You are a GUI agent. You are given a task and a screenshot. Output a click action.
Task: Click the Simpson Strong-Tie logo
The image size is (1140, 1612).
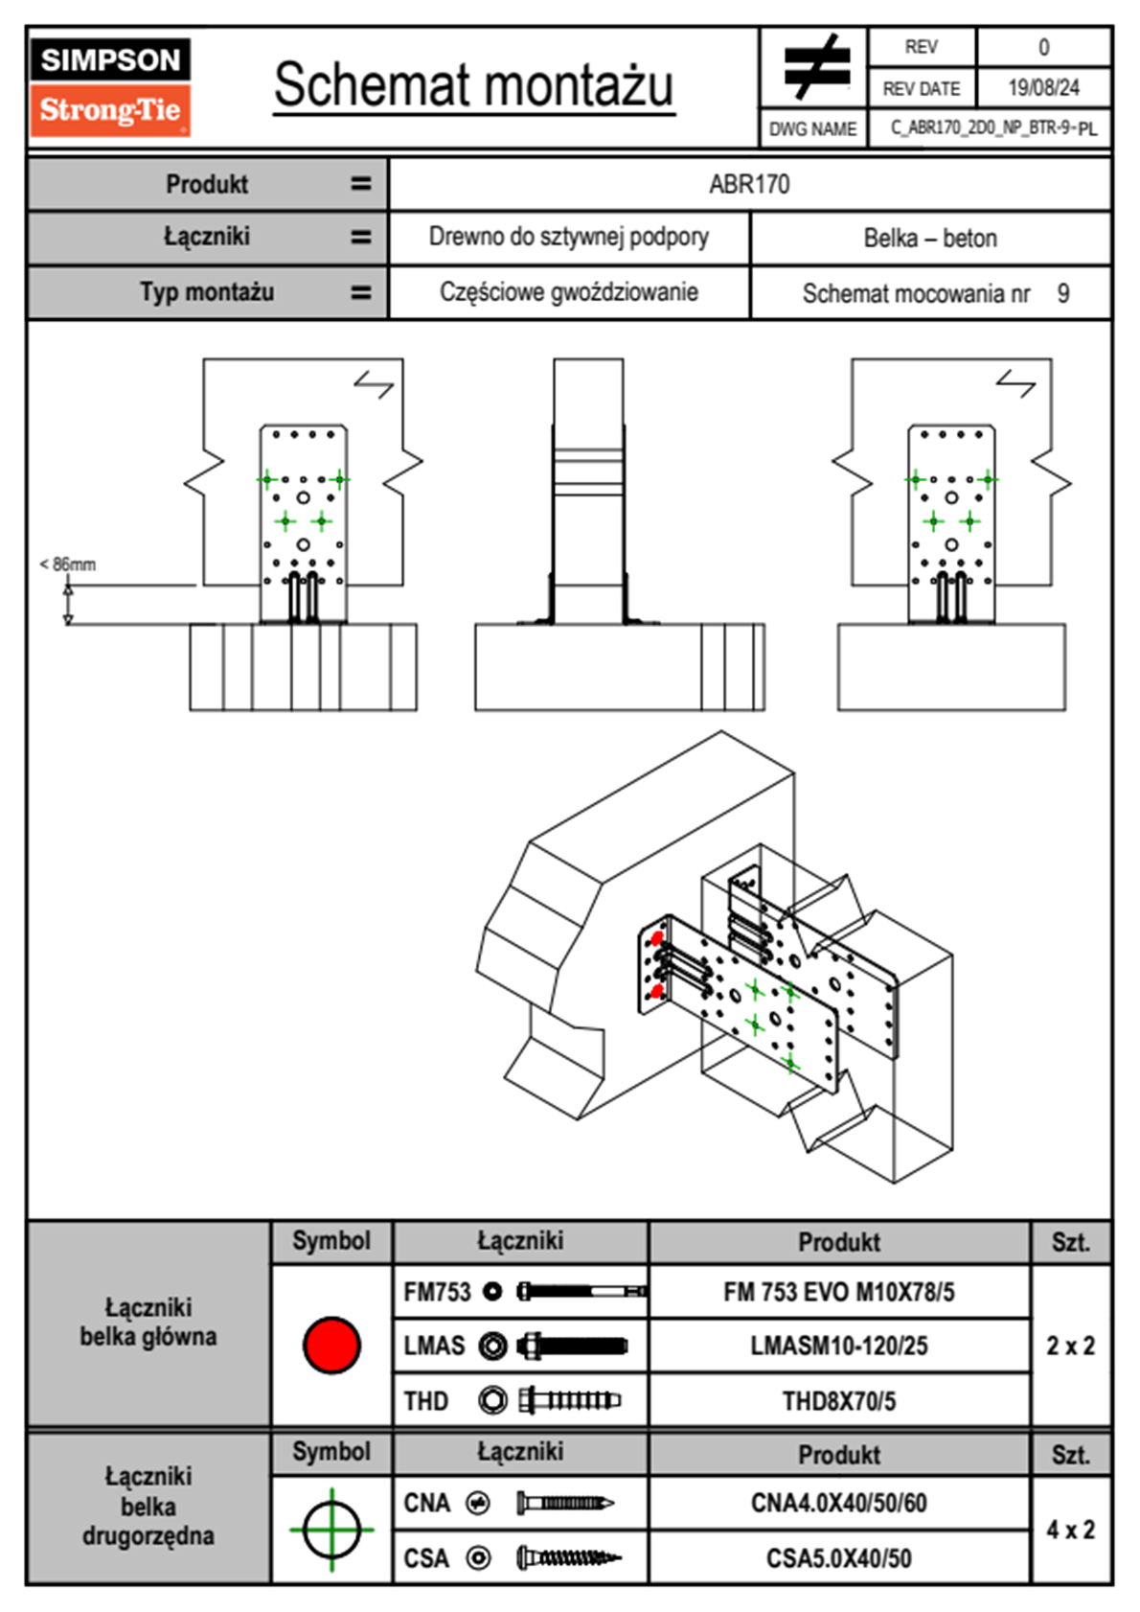110,86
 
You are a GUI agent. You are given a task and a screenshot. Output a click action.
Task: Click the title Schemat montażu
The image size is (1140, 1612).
473,85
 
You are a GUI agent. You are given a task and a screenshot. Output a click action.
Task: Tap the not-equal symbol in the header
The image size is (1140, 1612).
814,67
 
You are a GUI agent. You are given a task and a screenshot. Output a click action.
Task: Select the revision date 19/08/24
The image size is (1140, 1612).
1043,88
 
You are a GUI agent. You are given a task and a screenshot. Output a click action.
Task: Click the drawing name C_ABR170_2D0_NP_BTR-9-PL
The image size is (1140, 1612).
992,128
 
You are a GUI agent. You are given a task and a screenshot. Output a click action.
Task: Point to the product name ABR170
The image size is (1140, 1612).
749,184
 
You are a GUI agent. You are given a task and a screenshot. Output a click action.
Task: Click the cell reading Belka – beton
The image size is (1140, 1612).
930,238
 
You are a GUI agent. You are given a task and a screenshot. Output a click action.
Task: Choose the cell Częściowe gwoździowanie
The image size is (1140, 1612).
568,292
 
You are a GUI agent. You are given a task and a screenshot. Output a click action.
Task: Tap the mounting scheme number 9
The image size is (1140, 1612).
1063,293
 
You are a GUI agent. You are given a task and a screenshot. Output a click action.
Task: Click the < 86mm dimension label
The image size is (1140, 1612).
68,564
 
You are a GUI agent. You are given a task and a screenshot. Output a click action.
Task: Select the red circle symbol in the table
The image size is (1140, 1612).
331,1345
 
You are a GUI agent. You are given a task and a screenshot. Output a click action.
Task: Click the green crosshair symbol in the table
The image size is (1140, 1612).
331,1530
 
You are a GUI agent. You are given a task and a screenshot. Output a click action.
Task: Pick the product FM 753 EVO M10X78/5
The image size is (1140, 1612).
838,1293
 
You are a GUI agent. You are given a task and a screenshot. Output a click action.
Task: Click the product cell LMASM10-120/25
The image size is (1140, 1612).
838,1347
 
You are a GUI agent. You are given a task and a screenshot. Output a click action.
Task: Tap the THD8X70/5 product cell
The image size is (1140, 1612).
838,1401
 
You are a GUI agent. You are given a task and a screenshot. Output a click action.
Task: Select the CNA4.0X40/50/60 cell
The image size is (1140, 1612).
838,1503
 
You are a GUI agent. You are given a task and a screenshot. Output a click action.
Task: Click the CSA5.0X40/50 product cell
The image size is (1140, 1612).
838,1558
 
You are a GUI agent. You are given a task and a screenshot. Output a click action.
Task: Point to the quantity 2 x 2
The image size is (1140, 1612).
1070,1346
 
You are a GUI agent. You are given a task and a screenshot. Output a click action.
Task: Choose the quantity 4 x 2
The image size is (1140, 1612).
1070,1530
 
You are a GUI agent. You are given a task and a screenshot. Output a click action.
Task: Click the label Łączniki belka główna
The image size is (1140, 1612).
148,1323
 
